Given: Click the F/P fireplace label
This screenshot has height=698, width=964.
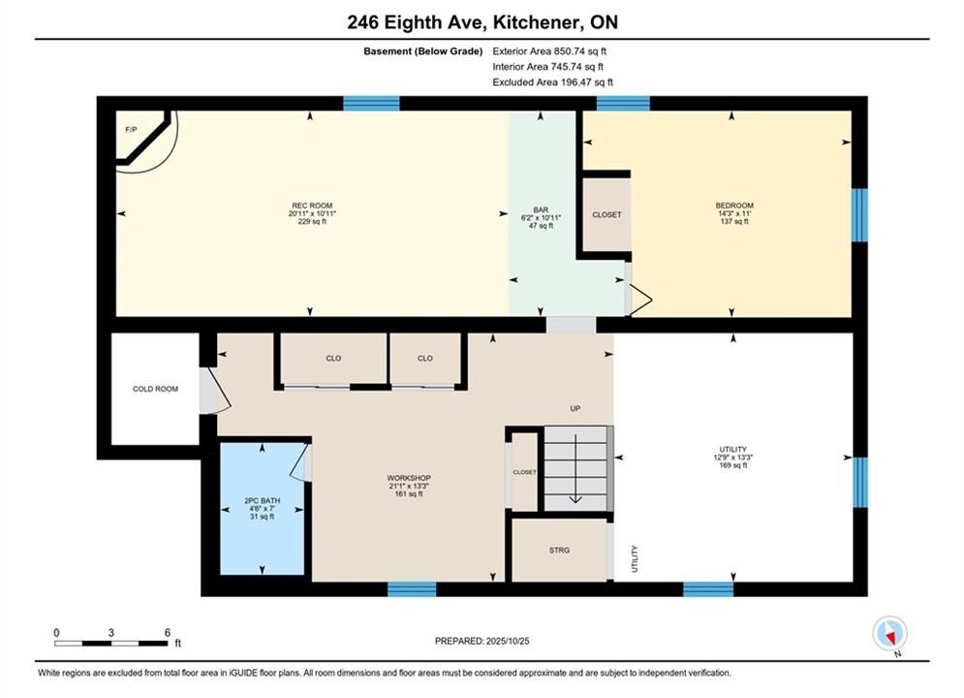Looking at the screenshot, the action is click(131, 130).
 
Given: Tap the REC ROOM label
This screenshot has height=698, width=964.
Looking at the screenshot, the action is click(312, 206).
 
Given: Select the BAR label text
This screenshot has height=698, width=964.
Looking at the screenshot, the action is click(541, 209).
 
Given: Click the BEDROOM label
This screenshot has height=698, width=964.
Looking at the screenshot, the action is click(734, 206).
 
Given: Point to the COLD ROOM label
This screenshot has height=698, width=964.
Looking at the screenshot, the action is click(156, 389).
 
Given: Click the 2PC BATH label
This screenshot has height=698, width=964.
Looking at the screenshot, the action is click(262, 500).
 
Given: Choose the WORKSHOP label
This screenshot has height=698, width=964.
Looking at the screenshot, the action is click(409, 478).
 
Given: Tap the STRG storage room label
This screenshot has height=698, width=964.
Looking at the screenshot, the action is click(559, 550).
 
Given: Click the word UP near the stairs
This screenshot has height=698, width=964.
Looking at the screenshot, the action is click(575, 408).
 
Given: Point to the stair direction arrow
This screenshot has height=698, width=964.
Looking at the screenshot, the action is click(575, 468).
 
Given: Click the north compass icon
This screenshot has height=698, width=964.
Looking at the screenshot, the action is click(889, 633).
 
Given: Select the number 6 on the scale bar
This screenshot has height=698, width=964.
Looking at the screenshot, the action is click(168, 632).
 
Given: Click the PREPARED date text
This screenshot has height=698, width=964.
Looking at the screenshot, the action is click(482, 641).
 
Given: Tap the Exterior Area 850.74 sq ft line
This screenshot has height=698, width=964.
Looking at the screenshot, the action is click(549, 51).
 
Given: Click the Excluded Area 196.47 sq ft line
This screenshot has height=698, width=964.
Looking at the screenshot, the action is click(552, 81).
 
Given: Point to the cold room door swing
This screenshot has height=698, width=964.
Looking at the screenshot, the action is click(216, 391).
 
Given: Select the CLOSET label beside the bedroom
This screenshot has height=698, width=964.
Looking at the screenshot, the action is click(606, 214).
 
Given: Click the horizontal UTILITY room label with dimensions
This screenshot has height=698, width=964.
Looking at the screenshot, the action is click(732, 457).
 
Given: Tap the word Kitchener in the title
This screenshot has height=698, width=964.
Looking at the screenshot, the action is click(536, 22).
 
